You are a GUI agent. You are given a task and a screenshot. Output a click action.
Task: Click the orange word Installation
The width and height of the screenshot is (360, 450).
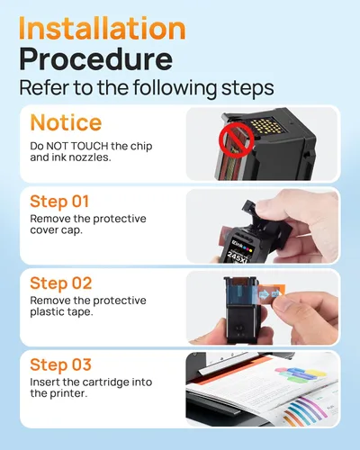tap(102, 28)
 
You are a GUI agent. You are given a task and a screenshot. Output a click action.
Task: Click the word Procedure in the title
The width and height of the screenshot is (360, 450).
tap(96, 60)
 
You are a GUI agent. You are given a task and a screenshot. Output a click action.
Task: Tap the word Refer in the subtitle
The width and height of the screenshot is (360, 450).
tap(44, 87)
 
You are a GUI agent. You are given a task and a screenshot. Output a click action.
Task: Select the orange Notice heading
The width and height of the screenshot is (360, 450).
tap(66, 122)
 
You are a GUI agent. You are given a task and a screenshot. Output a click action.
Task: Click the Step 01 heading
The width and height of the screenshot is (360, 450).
tap(59, 202)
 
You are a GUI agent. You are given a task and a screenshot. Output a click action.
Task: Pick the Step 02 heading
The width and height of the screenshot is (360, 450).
tap(60, 283)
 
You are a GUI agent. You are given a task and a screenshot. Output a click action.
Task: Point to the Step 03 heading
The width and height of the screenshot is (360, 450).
tap(60, 364)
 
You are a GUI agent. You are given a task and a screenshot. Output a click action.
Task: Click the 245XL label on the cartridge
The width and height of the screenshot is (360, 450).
tap(238, 256)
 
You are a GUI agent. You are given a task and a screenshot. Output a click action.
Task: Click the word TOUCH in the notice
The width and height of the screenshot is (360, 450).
tap(89, 146)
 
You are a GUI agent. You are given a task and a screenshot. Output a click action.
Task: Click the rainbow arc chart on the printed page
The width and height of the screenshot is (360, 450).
tap(304, 410)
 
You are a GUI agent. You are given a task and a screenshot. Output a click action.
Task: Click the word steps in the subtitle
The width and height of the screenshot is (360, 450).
tap(247, 88)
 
